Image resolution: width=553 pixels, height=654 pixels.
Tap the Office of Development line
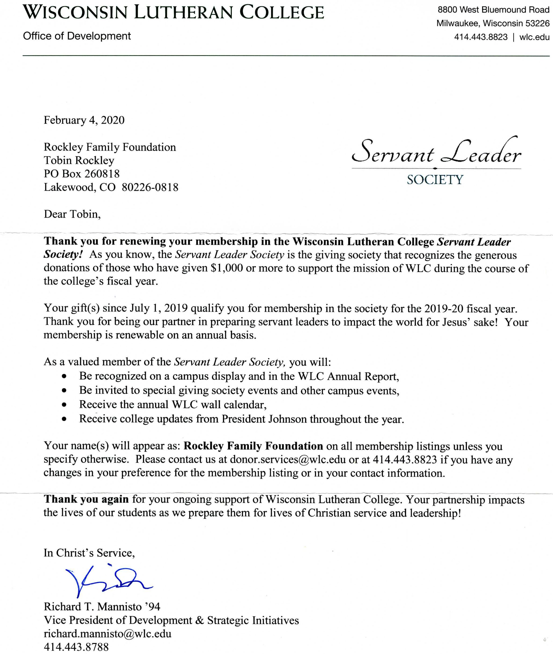(77, 36)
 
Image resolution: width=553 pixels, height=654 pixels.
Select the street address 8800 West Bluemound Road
(493, 10)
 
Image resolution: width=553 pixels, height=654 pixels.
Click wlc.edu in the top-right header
(534, 37)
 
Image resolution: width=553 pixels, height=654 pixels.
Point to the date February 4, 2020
(84, 120)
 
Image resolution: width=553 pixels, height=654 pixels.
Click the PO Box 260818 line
(82, 174)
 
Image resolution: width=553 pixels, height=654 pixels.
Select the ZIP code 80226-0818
(150, 188)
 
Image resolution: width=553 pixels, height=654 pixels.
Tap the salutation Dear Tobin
(72, 214)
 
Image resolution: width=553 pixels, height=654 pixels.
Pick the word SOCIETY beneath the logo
(435, 180)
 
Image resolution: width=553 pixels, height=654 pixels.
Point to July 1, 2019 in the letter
(159, 308)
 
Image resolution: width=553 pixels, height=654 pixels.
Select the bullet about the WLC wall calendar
(173, 405)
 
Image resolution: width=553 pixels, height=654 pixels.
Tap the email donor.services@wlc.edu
(288, 459)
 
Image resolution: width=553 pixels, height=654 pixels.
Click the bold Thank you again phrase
(86, 499)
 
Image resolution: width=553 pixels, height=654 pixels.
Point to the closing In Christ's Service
(89, 553)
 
